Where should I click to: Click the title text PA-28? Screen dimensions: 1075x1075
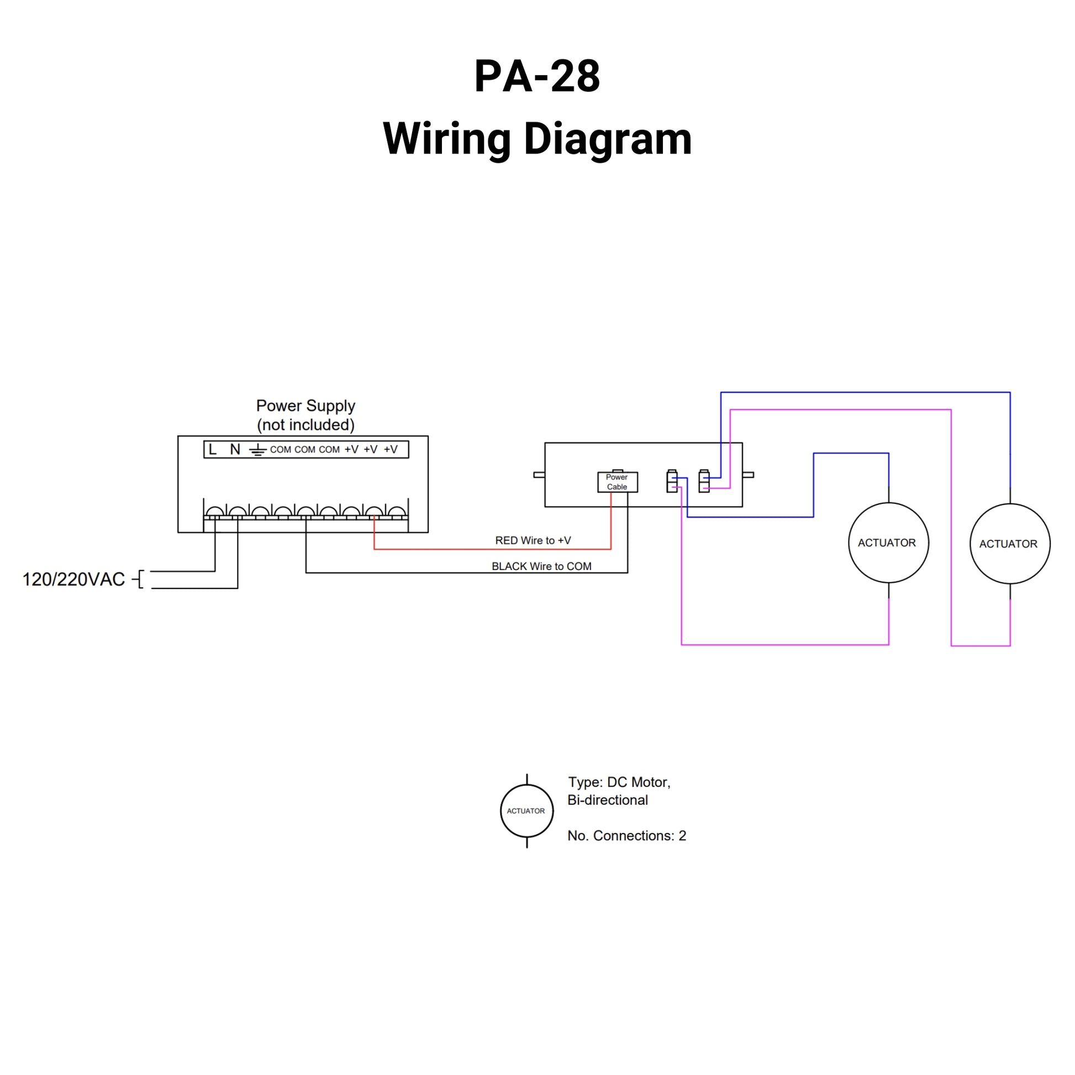tap(537, 76)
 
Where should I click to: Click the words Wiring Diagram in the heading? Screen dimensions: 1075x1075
tap(537, 139)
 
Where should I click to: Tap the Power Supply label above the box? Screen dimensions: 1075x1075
tap(305, 405)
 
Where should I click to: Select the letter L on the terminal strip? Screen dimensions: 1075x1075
tap(213, 449)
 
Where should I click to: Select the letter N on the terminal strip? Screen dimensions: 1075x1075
tap(235, 449)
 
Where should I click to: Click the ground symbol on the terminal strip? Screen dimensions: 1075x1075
tap(257, 450)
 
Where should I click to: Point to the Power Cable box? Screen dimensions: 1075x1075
tap(617, 482)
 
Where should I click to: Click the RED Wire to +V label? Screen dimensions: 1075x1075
tap(533, 540)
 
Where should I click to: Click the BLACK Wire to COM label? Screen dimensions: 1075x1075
tap(541, 566)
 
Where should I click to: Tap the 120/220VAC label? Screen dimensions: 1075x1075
tap(73, 579)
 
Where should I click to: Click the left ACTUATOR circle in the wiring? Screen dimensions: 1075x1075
tap(888, 542)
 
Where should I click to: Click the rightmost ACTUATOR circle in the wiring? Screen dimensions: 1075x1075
tap(1009, 544)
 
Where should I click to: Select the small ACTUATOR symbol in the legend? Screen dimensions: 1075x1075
tap(526, 811)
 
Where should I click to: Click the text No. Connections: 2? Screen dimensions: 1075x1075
tap(626, 836)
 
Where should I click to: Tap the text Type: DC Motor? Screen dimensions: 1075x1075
tap(619, 782)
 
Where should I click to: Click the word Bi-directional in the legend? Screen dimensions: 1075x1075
tap(608, 800)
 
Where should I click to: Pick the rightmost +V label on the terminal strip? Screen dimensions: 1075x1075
tap(391, 449)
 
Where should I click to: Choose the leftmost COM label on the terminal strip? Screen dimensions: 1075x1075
tap(281, 450)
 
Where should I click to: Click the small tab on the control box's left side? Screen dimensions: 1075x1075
tap(539, 475)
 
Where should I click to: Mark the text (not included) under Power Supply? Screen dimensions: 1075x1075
tap(305, 425)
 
